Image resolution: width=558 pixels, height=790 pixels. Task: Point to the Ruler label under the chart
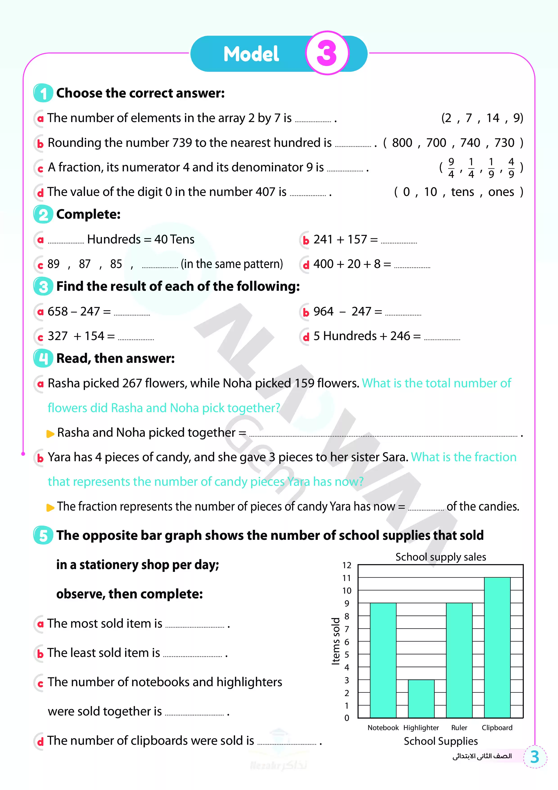(459, 728)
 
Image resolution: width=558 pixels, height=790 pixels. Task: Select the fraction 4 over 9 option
(511, 168)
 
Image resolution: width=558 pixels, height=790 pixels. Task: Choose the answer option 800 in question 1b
(402, 143)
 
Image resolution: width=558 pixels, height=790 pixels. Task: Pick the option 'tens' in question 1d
(462, 192)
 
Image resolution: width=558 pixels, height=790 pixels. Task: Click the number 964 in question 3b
(323, 312)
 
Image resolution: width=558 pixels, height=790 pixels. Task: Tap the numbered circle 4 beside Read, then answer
(43, 358)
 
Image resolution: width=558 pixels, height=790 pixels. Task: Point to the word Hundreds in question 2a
(114, 239)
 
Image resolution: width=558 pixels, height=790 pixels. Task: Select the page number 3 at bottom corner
(535, 757)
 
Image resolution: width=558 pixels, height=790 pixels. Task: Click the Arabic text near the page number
(482, 756)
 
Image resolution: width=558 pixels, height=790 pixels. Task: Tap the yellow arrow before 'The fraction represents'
(50, 508)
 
